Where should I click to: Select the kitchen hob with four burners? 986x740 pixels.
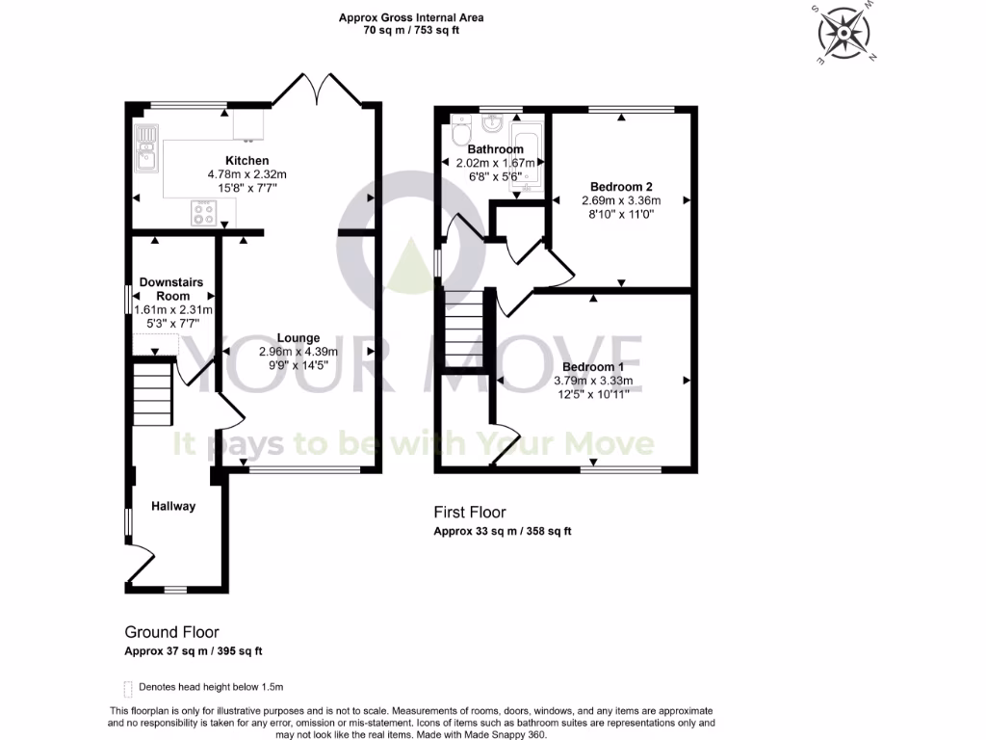(x=203, y=212)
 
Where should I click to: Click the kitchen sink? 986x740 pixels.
(x=147, y=148)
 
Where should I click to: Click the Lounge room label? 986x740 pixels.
(x=298, y=338)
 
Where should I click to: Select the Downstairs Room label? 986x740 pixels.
(x=171, y=288)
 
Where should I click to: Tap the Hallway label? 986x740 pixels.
(x=173, y=506)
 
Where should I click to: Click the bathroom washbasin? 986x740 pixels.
(x=492, y=122)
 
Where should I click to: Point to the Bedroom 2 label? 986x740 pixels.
(x=621, y=186)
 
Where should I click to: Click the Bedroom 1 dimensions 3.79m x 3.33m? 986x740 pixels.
(x=593, y=381)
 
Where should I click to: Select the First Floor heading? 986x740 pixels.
(x=469, y=513)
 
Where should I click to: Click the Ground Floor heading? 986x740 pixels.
(x=171, y=632)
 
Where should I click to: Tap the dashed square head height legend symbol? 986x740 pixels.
(x=128, y=688)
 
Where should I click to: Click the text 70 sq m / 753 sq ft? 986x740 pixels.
(x=410, y=30)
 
